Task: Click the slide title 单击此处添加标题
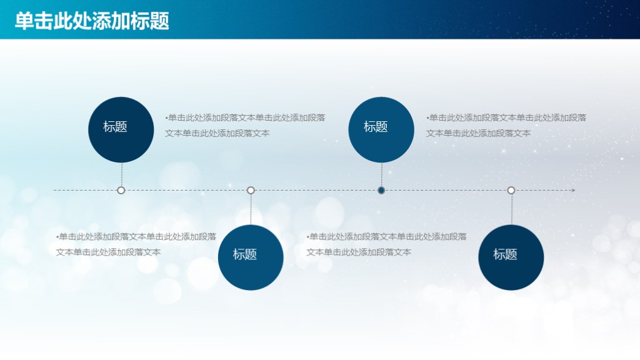[92, 21]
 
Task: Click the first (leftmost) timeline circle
[121, 129]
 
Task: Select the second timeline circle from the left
[251, 257]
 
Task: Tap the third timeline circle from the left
[381, 129]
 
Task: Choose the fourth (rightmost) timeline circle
[511, 257]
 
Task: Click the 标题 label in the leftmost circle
[115, 127]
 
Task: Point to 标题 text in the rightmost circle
[505, 254]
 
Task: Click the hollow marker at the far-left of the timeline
[121, 190]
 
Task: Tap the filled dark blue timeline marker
[381, 190]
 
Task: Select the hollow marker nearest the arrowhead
[511, 190]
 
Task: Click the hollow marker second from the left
[251, 190]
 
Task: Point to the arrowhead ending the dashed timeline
[572, 190]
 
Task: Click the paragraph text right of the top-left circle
[245, 125]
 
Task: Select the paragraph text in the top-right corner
[506, 125]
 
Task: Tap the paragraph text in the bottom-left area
[136, 244]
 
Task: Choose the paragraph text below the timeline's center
[386, 244]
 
